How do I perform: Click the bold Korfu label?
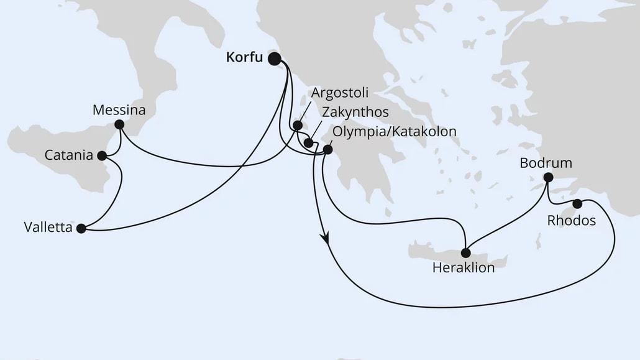point(244,59)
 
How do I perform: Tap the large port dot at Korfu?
point(274,59)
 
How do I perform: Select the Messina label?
point(119,111)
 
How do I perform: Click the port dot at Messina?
point(119,125)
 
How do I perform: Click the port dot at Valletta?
point(81,228)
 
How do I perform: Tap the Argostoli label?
point(340,93)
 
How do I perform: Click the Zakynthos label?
point(355,112)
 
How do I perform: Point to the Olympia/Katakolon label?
point(395,131)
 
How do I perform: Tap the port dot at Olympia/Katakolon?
point(327,149)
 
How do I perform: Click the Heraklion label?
point(464,269)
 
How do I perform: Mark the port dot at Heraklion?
point(465,252)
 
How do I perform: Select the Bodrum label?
point(546,164)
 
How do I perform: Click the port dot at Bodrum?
point(547,177)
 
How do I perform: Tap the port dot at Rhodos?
point(577,203)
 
